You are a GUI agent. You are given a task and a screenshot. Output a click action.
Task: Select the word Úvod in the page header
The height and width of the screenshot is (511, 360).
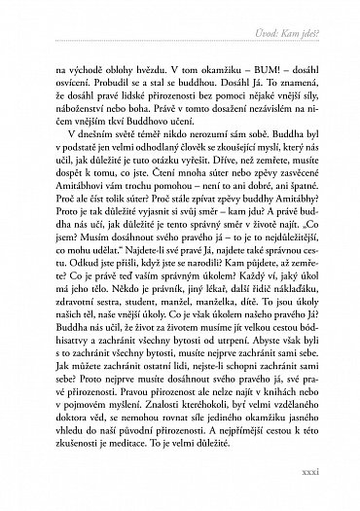(x=257, y=37)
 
